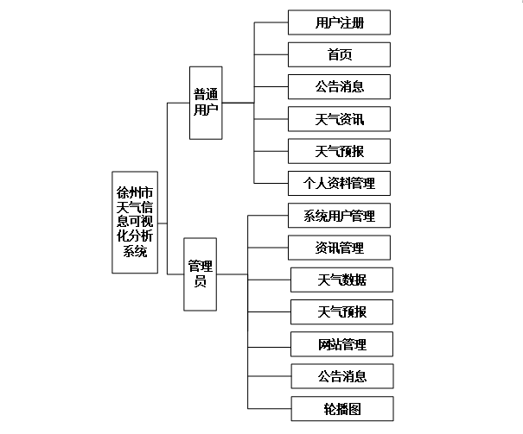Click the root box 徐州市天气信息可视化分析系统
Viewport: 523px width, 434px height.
point(135,222)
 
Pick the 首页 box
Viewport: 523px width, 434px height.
point(339,55)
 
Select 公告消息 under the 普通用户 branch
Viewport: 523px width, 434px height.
point(339,87)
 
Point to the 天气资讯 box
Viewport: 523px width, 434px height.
point(339,119)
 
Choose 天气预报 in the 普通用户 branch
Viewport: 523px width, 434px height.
point(339,151)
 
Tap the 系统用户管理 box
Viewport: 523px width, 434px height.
point(339,215)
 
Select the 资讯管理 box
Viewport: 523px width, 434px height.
point(339,248)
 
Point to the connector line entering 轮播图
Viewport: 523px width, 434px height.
point(268,408)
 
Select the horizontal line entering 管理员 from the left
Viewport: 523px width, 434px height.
point(175,274)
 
